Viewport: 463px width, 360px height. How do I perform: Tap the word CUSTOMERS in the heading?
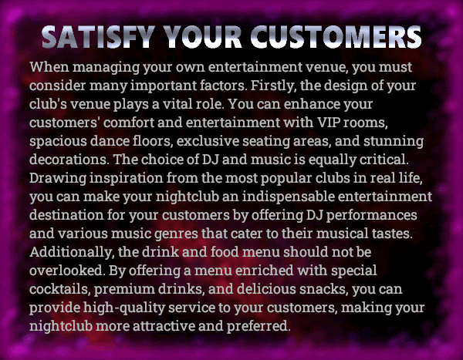coord(336,37)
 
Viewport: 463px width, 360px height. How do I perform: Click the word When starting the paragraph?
coord(49,67)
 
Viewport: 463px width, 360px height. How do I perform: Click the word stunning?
coord(394,141)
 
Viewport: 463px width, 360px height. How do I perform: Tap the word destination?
coord(66,215)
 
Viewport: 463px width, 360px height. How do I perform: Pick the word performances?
coord(371,215)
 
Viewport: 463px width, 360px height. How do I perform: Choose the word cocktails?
coord(60,289)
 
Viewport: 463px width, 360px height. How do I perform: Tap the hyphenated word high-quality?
coord(124,308)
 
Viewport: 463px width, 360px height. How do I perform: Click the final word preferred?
coord(259,326)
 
